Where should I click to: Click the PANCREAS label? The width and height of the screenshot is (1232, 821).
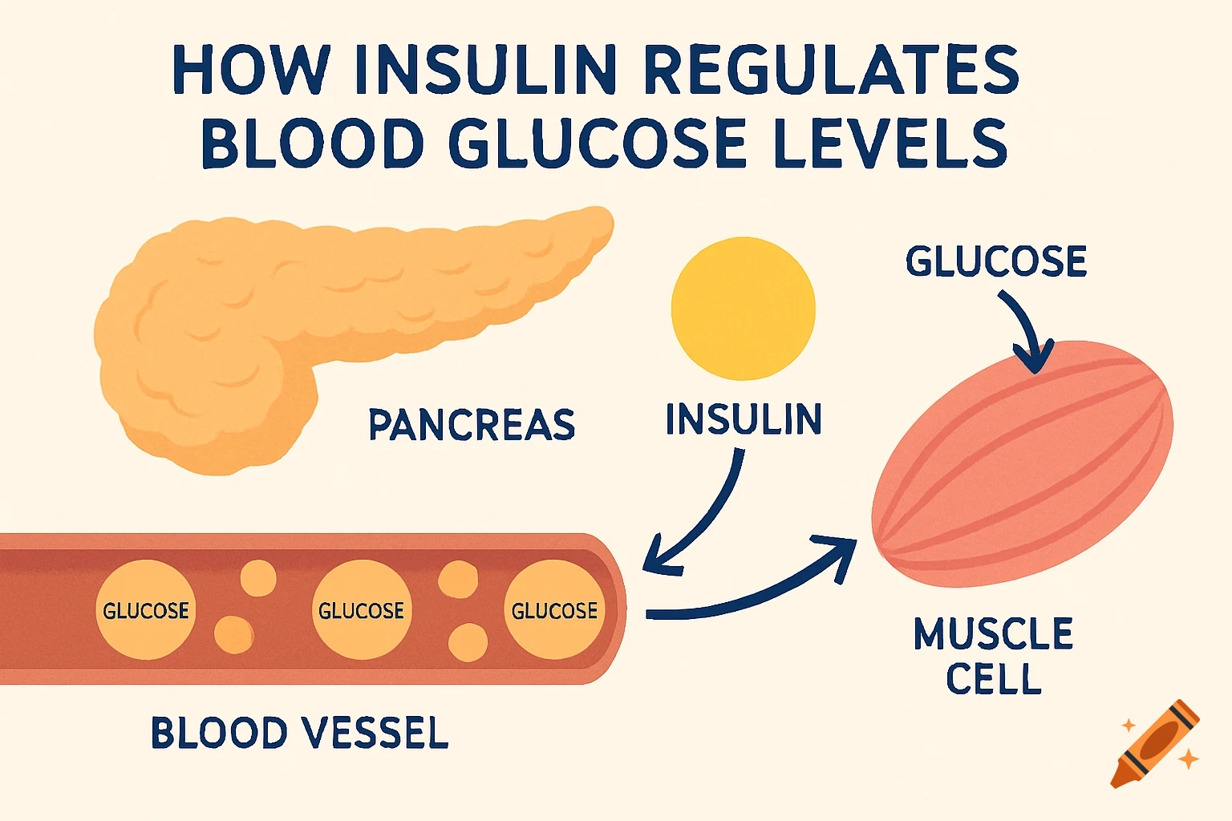click(472, 424)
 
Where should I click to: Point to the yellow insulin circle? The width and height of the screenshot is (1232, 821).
click(743, 309)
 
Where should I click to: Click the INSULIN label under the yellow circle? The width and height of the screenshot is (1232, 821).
click(744, 419)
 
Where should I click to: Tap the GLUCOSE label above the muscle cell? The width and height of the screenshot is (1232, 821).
click(996, 261)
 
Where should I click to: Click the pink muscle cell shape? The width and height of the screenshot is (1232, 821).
click(1023, 463)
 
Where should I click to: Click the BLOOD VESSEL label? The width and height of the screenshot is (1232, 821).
click(300, 733)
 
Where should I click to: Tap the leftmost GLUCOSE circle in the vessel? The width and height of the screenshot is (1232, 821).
click(146, 610)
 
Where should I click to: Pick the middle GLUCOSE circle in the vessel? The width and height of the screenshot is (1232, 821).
click(362, 610)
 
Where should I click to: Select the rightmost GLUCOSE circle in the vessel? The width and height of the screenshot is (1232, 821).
click(554, 610)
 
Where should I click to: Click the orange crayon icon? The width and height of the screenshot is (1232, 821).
click(1155, 743)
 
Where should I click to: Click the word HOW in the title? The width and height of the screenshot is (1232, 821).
click(251, 71)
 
